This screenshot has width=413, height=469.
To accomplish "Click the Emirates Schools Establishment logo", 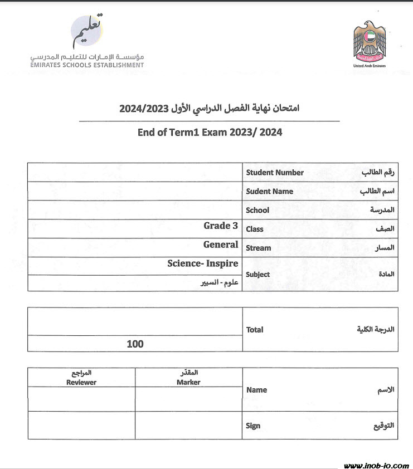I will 88,42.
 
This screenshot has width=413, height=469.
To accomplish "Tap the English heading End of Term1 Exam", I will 210,133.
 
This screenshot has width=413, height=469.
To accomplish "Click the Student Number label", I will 275,173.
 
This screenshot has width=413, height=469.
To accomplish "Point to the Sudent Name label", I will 269,192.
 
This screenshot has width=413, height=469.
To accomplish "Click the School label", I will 257,211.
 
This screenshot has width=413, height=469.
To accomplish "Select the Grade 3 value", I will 221,226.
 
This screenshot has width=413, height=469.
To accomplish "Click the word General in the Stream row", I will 221,245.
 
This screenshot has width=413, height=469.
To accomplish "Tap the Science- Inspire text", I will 203,263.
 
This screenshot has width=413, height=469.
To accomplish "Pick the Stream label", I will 259,248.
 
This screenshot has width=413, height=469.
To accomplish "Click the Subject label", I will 258,274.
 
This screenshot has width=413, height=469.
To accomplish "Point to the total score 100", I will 135,344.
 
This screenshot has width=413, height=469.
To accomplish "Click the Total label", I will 255,330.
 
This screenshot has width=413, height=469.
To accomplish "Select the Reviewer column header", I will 81,382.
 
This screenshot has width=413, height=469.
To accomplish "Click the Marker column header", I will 188,382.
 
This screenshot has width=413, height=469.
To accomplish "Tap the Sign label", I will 253,426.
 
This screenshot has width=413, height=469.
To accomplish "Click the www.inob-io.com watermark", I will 376,465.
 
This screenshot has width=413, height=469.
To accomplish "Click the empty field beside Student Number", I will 135,173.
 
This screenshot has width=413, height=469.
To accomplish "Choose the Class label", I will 255,229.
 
